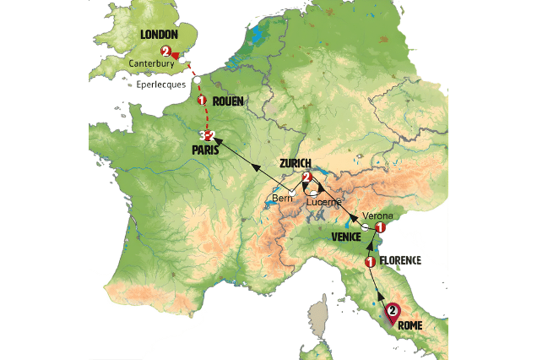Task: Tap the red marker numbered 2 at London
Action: tap(165, 52)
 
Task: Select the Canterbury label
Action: tap(151, 63)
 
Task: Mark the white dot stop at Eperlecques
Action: tap(196, 80)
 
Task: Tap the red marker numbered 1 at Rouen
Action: tap(202, 101)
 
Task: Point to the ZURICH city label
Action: tap(294, 163)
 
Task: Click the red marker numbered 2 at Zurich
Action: tap(307, 177)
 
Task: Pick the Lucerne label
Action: tap(324, 203)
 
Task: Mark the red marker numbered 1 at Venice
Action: tap(380, 227)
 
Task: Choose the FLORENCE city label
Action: tap(399, 260)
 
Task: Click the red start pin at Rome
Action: tap(393, 313)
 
